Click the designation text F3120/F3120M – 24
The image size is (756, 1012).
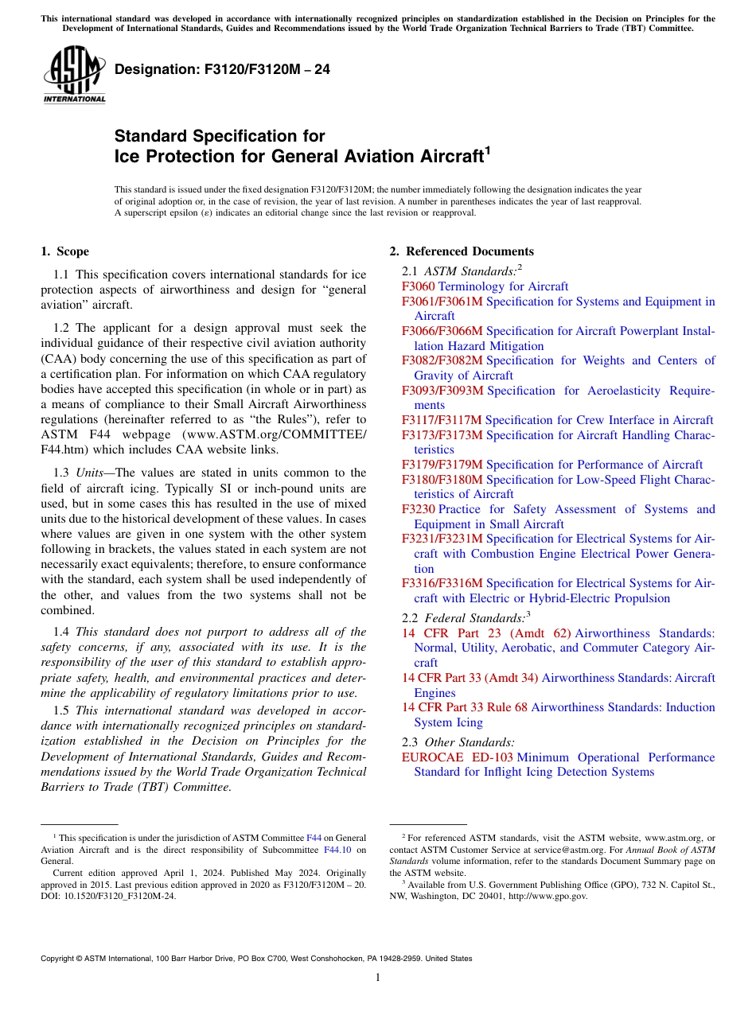point(222,70)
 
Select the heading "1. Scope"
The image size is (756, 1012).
point(64,252)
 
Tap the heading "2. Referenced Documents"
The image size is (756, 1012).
point(462,252)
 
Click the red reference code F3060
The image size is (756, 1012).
point(419,286)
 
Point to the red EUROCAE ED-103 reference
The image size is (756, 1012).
point(457,757)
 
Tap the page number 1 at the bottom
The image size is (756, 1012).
point(378,978)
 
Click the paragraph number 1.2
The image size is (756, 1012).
point(62,328)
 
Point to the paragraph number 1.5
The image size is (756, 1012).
point(62,710)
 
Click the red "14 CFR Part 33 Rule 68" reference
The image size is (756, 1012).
point(465,707)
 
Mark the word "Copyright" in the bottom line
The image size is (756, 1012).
point(60,959)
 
